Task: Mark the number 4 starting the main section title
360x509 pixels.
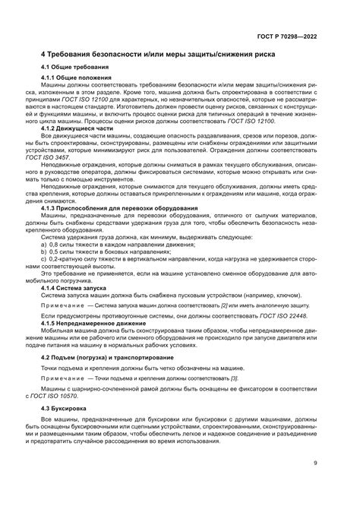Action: [x=43, y=55]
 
